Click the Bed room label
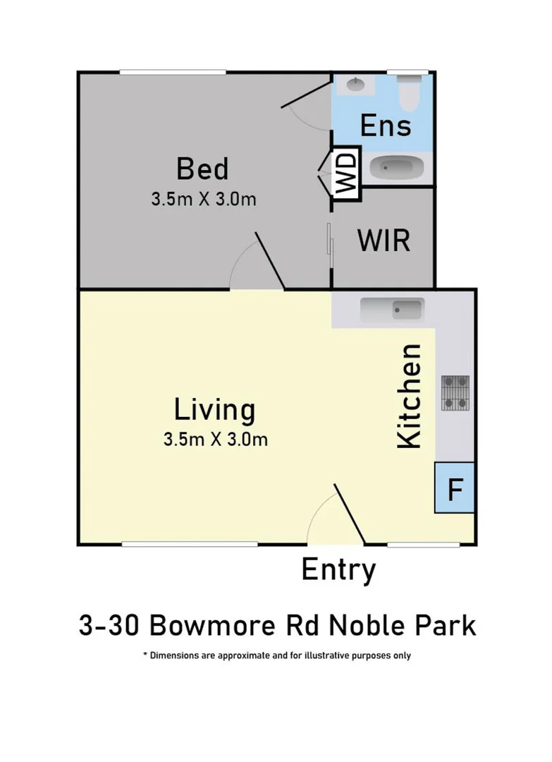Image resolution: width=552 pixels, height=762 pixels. [x=202, y=170]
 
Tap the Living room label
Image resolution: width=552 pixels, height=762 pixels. [x=214, y=409]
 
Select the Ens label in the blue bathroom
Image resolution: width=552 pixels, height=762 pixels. [x=385, y=126]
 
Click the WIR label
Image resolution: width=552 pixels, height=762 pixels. [x=383, y=241]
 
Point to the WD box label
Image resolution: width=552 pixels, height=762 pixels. [x=347, y=174]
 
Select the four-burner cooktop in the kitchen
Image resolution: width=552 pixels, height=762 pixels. [x=455, y=393]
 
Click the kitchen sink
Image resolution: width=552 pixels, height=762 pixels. [x=391, y=309]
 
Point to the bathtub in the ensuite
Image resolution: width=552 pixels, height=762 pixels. [x=398, y=169]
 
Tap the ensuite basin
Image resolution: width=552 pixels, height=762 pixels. [x=355, y=85]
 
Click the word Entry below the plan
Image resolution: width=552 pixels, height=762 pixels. [x=338, y=570]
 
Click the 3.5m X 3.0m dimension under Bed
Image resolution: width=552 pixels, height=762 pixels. [x=203, y=200]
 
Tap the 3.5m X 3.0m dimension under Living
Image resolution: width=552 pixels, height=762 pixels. [x=215, y=440]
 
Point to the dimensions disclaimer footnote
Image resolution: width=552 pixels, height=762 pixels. [x=276, y=655]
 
